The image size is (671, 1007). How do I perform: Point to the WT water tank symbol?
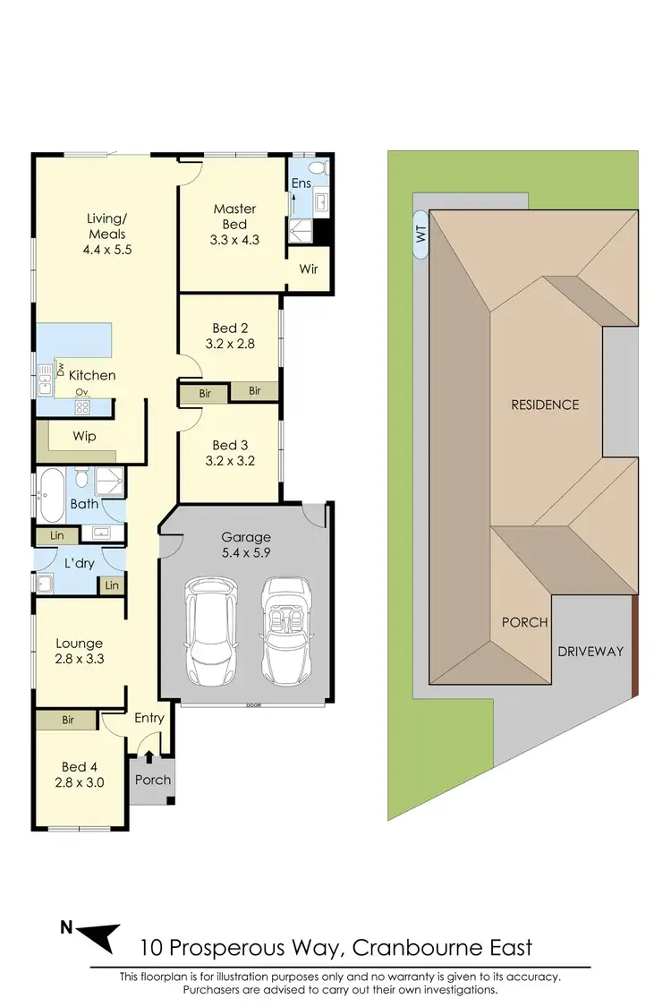point(420,235)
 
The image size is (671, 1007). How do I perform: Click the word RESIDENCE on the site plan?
point(545,405)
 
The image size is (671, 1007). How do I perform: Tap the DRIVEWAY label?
point(590,651)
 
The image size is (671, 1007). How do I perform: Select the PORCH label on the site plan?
point(524,622)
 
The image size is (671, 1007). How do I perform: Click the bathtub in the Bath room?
point(49,494)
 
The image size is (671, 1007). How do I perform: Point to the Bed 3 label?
point(230,445)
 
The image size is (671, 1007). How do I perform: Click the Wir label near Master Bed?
point(309,269)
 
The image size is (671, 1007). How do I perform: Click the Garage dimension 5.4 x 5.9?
point(246,553)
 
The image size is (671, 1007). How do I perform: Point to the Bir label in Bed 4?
point(68,720)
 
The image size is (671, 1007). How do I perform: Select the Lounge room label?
point(79,643)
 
